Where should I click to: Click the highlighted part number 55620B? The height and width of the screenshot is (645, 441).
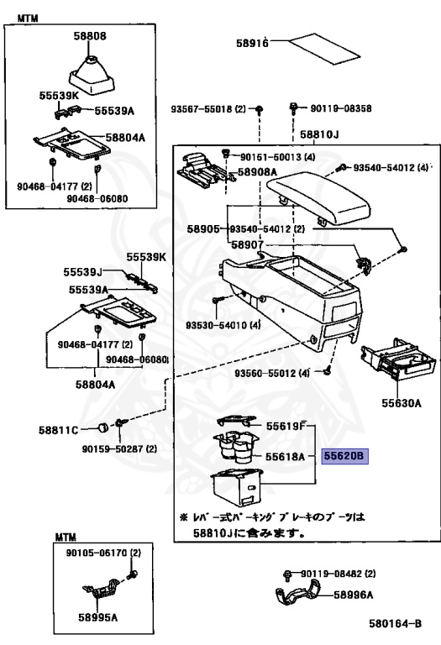[x=344, y=456]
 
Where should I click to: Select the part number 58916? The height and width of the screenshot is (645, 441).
[x=252, y=43]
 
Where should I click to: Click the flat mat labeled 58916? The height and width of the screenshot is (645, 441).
[x=324, y=49]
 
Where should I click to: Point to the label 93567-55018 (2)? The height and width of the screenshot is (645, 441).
[x=208, y=109]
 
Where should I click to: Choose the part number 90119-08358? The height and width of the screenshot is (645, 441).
[x=341, y=108]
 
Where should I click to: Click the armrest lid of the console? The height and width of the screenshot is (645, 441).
[x=319, y=198]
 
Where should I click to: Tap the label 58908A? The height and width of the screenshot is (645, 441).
[x=258, y=172]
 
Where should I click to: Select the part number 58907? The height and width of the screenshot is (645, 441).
[x=247, y=244]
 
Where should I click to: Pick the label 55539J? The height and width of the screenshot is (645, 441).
[x=82, y=272]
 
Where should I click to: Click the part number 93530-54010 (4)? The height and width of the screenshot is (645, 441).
[x=223, y=325]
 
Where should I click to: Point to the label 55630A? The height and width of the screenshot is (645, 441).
[x=402, y=403]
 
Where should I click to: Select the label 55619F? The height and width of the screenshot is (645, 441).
[x=286, y=426]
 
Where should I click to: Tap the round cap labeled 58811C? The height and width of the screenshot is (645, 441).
[x=102, y=427]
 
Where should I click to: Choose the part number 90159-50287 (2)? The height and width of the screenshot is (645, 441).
[x=119, y=448]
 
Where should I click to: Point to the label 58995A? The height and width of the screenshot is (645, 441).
[x=98, y=617]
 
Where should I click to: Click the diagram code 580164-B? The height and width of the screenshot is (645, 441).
[x=395, y=624]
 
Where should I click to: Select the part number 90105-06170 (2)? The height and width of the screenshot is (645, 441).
[x=103, y=553]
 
